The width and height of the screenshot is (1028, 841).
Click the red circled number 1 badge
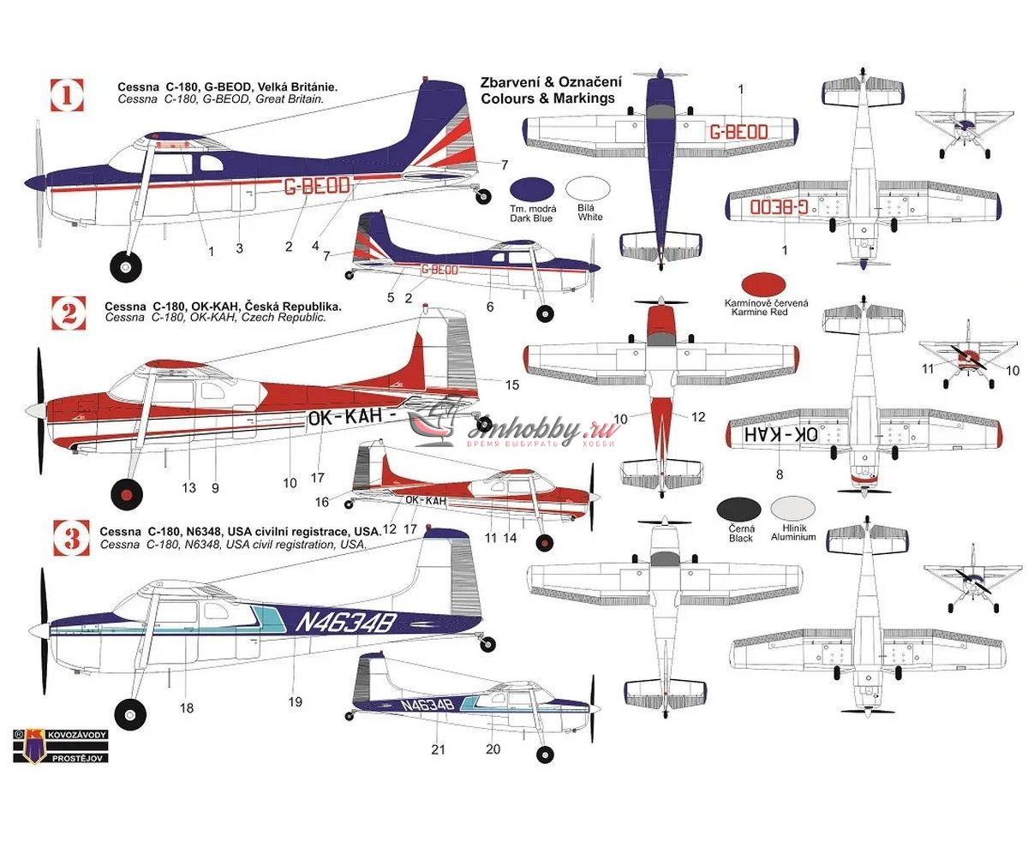click(x=68, y=95)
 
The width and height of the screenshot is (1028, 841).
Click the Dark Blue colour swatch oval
click(x=531, y=190)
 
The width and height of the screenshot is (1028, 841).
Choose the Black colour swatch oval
click(x=738, y=510)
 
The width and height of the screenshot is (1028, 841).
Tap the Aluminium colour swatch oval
click(x=792, y=510)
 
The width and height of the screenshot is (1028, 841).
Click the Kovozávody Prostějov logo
click(x=60, y=745)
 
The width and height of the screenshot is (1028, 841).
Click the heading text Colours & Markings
click(x=548, y=98)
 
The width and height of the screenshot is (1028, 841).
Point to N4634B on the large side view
click(x=344, y=623)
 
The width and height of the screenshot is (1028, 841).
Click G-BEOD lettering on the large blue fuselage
click(x=315, y=186)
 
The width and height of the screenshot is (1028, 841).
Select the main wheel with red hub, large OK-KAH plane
click(x=127, y=494)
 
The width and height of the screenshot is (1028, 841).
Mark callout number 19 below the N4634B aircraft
click(x=295, y=701)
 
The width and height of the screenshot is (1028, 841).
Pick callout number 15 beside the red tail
click(x=511, y=385)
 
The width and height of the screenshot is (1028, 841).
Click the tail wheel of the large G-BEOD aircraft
click(x=485, y=196)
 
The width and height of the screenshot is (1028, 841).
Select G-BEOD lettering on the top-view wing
click(x=738, y=132)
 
